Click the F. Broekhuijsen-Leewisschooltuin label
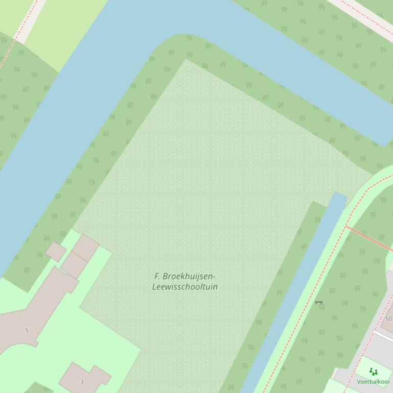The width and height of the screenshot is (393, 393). point(185,281)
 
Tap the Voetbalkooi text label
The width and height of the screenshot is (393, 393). point(373,381)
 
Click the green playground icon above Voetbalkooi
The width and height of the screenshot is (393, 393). point(374,372)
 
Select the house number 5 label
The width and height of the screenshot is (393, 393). point(27,330)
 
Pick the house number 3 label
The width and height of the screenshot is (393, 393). point(82,381)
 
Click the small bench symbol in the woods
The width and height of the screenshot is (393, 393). point(319,303)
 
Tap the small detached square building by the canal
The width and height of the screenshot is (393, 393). point(56,251)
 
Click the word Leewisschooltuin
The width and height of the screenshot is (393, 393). point(185,287)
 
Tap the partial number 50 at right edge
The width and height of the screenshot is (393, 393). point(389,319)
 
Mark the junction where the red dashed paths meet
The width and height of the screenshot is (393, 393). point(346,226)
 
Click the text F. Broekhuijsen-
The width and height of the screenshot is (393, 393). point(185,276)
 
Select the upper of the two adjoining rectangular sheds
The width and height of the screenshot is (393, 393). point(85,247)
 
